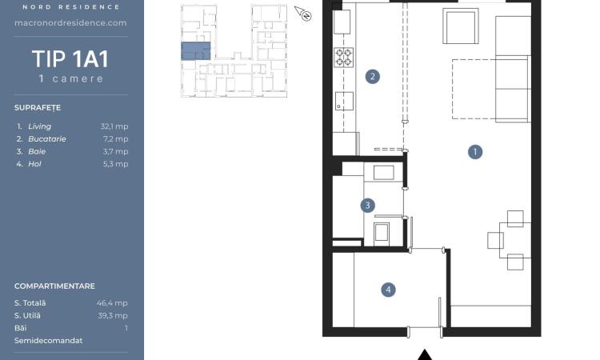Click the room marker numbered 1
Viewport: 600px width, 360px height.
coord(475,152)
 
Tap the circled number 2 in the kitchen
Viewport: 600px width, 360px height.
coord(372,77)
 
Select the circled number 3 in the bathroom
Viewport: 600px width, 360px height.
coord(367,206)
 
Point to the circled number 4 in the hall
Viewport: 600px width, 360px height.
coord(388,290)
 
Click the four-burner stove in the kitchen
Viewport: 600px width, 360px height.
coord(343,57)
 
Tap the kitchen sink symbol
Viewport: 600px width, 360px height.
coord(344,101)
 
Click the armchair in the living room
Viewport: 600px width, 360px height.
coord(460,26)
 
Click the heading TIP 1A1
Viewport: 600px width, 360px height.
coord(70,59)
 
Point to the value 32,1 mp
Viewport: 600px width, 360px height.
coord(114,126)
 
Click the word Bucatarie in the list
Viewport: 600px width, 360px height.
coord(47,139)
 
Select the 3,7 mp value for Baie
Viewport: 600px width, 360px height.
coord(115,151)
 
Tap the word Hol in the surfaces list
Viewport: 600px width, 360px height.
coord(34,164)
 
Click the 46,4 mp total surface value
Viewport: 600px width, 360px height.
coord(112,303)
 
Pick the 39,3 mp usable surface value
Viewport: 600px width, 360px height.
coord(113,316)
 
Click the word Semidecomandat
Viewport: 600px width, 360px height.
coord(48,341)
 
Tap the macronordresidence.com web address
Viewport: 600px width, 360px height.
coord(70,23)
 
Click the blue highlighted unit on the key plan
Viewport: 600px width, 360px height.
coord(195,51)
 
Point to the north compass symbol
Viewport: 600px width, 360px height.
coord(303,14)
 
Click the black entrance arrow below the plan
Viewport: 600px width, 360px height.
coord(424,354)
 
